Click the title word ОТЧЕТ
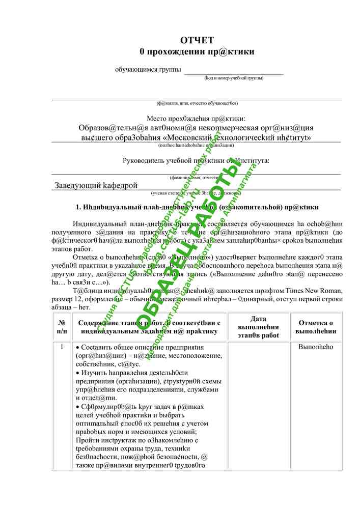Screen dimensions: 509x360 (x=197, y=40)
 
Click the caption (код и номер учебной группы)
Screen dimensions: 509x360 (x=234, y=78)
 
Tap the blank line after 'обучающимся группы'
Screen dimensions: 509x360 (x=234, y=71)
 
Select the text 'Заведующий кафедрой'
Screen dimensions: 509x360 (x=96, y=185)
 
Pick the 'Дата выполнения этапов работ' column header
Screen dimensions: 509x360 (x=258, y=327)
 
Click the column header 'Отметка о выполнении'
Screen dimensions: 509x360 (x=316, y=327)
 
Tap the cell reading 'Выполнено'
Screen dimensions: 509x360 (x=316, y=347)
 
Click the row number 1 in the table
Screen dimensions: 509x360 (x=62, y=347)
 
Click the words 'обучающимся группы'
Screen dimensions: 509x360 (x=148, y=69)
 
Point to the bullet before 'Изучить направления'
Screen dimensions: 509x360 (x=77, y=373)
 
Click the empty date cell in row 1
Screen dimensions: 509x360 (x=258, y=402)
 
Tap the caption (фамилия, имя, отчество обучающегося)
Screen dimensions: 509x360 (x=197, y=103)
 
